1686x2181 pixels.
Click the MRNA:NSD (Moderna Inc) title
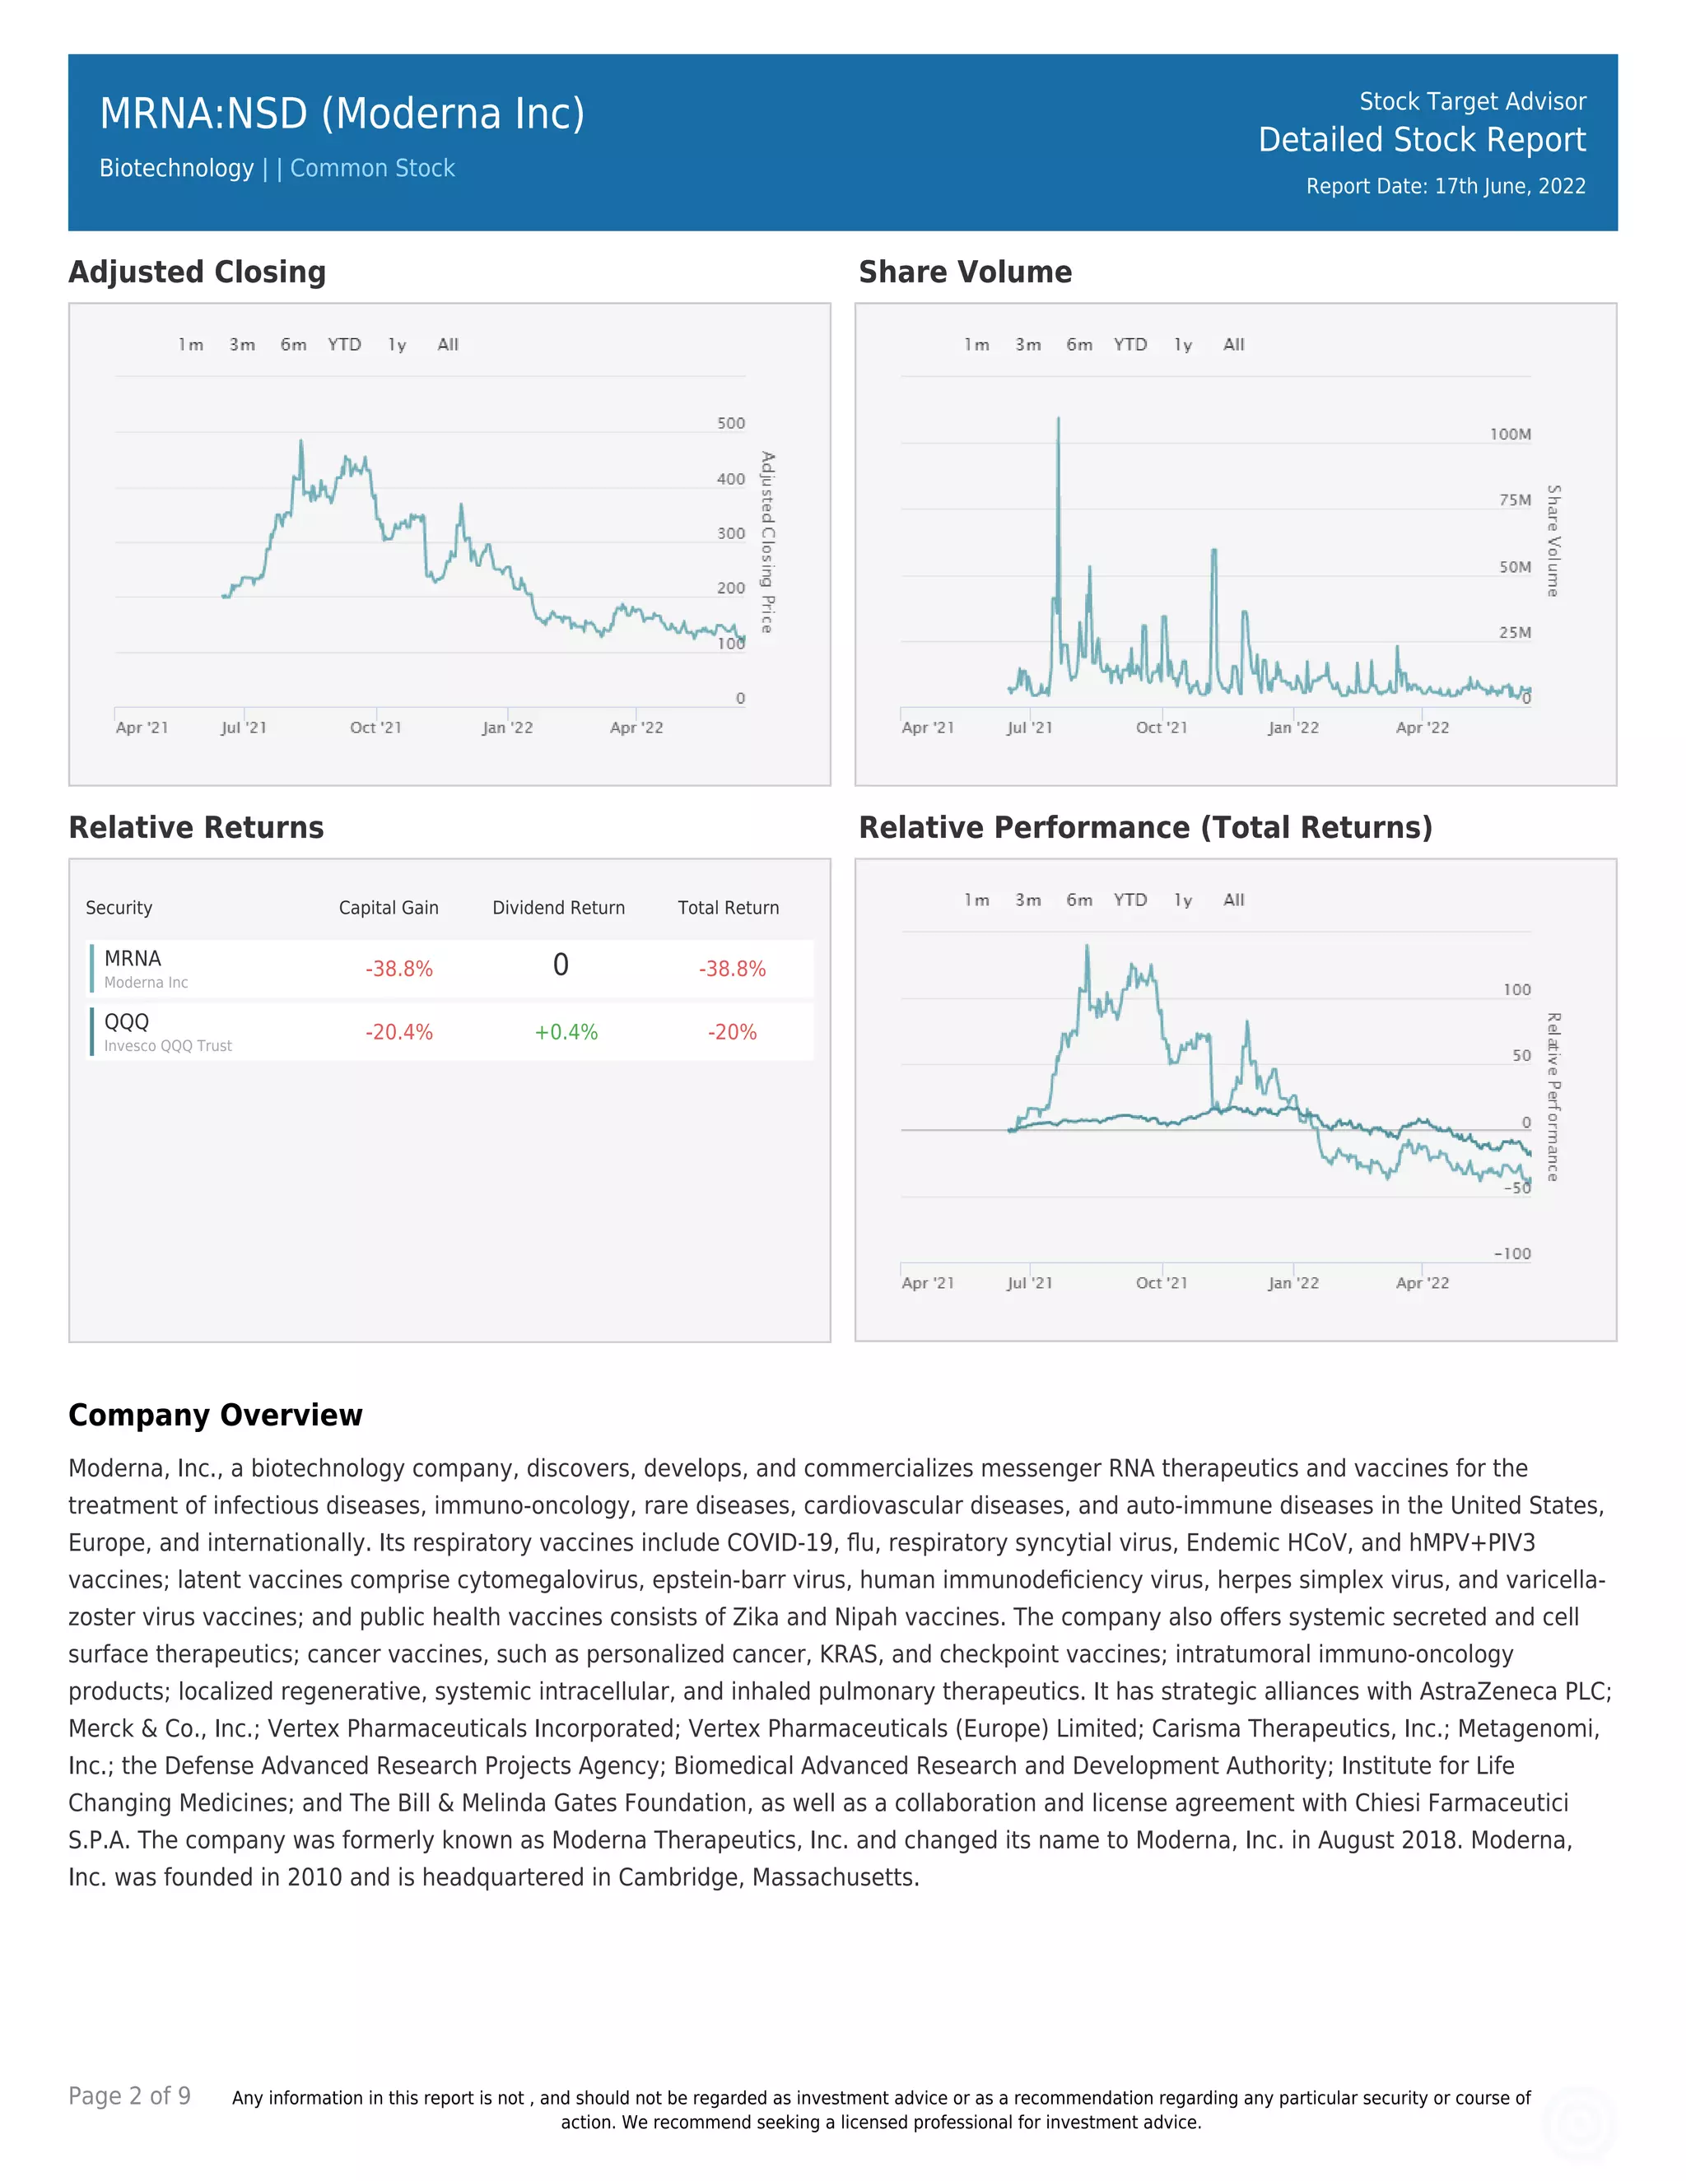click(342, 114)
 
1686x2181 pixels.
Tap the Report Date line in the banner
click(1446, 187)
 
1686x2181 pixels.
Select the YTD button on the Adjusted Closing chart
click(345, 345)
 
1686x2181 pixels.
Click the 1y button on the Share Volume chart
click(1183, 345)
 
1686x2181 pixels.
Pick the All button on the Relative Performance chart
click(1233, 900)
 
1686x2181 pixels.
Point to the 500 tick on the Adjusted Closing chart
click(730, 423)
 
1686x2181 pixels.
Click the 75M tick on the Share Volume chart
click(1514, 500)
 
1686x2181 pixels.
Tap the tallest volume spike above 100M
click(1058, 425)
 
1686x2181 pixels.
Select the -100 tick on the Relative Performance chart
click(1512, 1254)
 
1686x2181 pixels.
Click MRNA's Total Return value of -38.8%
click(732, 969)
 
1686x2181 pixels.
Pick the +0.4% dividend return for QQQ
click(566, 1033)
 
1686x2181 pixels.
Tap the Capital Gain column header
click(389, 908)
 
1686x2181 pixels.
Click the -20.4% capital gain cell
click(398, 1033)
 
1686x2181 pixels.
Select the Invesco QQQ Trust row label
click(168, 1045)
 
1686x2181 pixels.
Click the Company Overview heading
click(215, 1415)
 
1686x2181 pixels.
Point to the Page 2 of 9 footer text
click(129, 2096)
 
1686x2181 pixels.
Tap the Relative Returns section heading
click(196, 828)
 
